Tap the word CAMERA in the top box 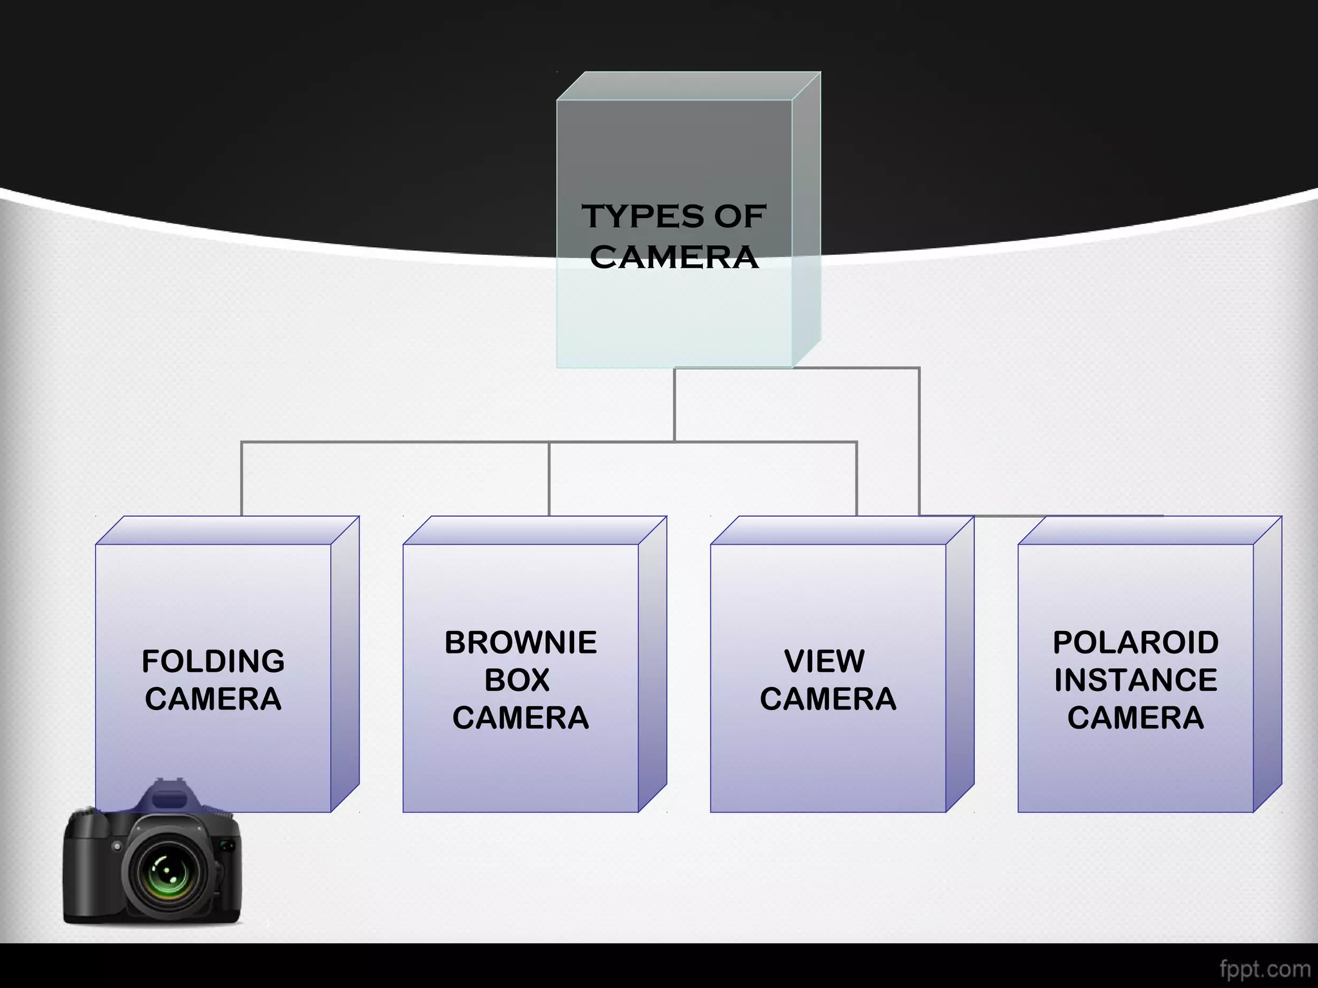pyautogui.click(x=674, y=257)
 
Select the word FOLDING pyautogui.click(x=213, y=661)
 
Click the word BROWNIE pyautogui.click(x=521, y=643)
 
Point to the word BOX pyautogui.click(x=517, y=680)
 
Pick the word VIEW pyautogui.click(x=824, y=661)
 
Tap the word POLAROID pyautogui.click(x=1135, y=643)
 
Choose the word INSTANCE pyautogui.click(x=1135, y=680)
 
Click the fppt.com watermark pyautogui.click(x=1265, y=969)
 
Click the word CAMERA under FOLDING pyautogui.click(x=213, y=699)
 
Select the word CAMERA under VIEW pyautogui.click(x=828, y=699)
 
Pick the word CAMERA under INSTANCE pyautogui.click(x=1135, y=718)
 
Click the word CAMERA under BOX pyautogui.click(x=520, y=718)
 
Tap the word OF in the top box pyautogui.click(x=739, y=216)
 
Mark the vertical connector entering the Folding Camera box pyautogui.click(x=241, y=479)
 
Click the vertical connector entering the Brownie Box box pyautogui.click(x=549, y=479)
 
